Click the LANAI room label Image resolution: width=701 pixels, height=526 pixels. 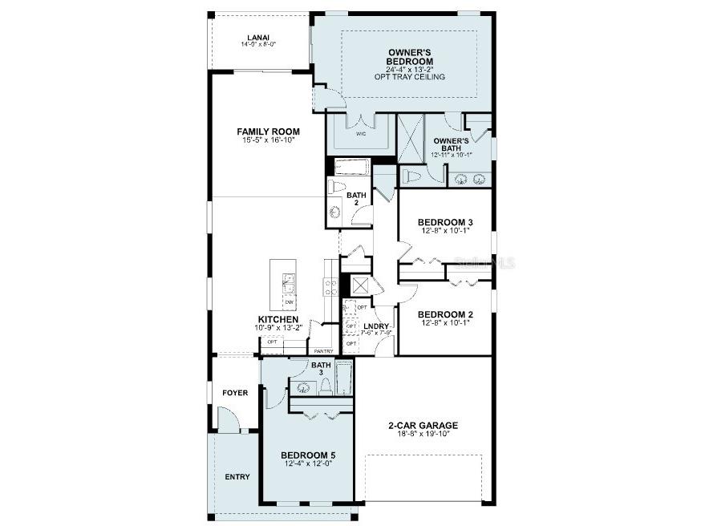point(257,37)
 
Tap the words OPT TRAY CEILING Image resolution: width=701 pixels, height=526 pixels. point(409,77)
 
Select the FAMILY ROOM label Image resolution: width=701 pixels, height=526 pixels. point(268,131)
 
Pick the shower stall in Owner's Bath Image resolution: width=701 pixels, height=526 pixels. point(411,139)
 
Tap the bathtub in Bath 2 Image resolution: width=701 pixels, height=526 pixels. point(350,168)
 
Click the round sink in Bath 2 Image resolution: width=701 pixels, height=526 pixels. point(334,212)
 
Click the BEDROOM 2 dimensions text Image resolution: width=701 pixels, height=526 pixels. point(444,324)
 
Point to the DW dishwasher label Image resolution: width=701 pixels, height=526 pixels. point(288,302)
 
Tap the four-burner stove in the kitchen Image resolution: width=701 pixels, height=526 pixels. point(330,286)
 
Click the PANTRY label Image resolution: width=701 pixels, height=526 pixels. point(323,351)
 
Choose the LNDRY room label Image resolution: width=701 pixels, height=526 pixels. point(375,326)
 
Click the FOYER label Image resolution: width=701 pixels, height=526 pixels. point(235,393)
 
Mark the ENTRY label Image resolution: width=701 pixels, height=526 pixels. point(237,476)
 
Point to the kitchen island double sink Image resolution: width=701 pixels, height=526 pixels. point(289,284)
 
